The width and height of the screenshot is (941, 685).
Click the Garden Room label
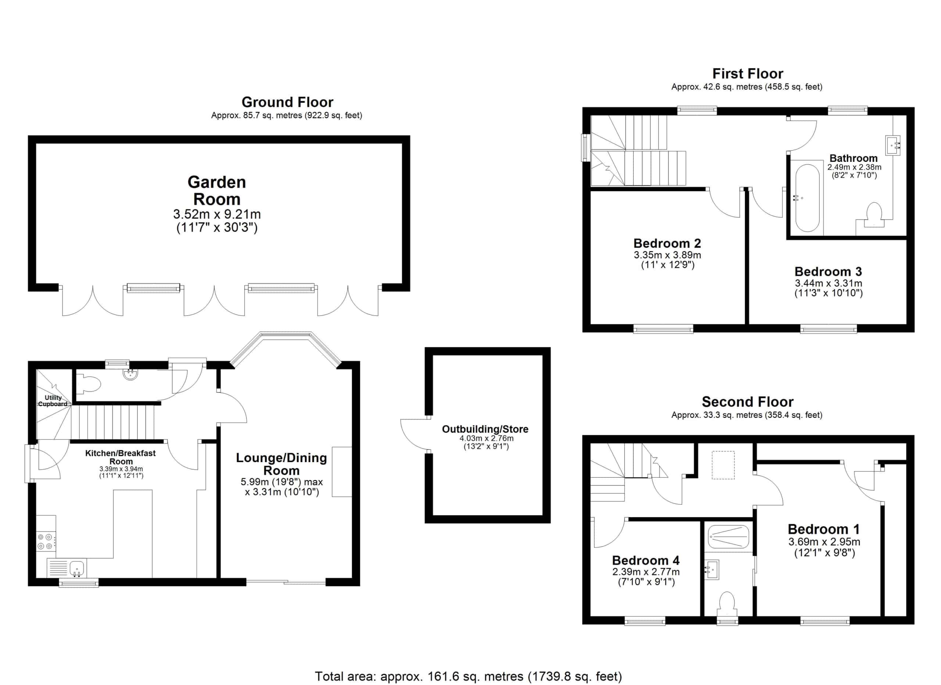point(217,191)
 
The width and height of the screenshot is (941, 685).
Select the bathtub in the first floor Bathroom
point(806,198)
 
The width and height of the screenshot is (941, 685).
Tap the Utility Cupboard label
point(53,401)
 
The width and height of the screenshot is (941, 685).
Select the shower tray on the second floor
point(729,537)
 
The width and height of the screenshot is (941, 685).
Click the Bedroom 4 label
point(645,560)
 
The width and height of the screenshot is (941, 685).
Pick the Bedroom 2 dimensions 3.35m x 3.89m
point(667,255)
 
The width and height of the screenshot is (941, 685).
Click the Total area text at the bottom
point(468,677)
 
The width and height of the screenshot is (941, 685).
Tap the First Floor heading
point(748,74)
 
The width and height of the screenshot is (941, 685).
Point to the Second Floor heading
point(748,401)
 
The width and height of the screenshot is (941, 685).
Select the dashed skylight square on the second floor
point(723,465)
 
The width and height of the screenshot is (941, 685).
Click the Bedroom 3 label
point(828,271)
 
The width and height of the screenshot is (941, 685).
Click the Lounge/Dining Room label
point(281,464)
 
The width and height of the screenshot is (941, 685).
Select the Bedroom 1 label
point(824,529)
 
